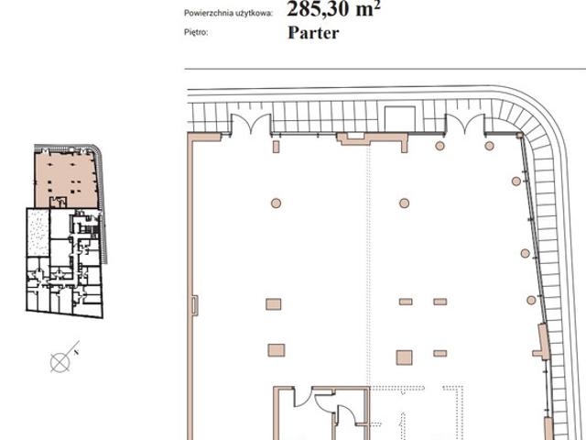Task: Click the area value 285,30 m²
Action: point(333,8)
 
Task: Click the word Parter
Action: point(313,33)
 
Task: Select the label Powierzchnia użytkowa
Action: point(228,14)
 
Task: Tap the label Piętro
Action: point(196,33)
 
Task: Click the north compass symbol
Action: point(60,362)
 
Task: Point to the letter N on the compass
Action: point(76,352)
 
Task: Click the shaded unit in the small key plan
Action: point(65,178)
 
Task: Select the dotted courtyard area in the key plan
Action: point(38,233)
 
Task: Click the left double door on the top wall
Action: point(251,124)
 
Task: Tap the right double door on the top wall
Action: point(465,124)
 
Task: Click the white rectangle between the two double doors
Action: point(400,118)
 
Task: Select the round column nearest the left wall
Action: point(276,203)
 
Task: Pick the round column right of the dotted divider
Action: point(404,203)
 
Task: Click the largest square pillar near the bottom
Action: point(404,357)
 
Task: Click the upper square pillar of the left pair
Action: point(274,304)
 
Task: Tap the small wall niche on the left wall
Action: point(195,305)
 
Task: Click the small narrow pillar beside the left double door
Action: point(277,147)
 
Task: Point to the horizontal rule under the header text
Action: point(385,69)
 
